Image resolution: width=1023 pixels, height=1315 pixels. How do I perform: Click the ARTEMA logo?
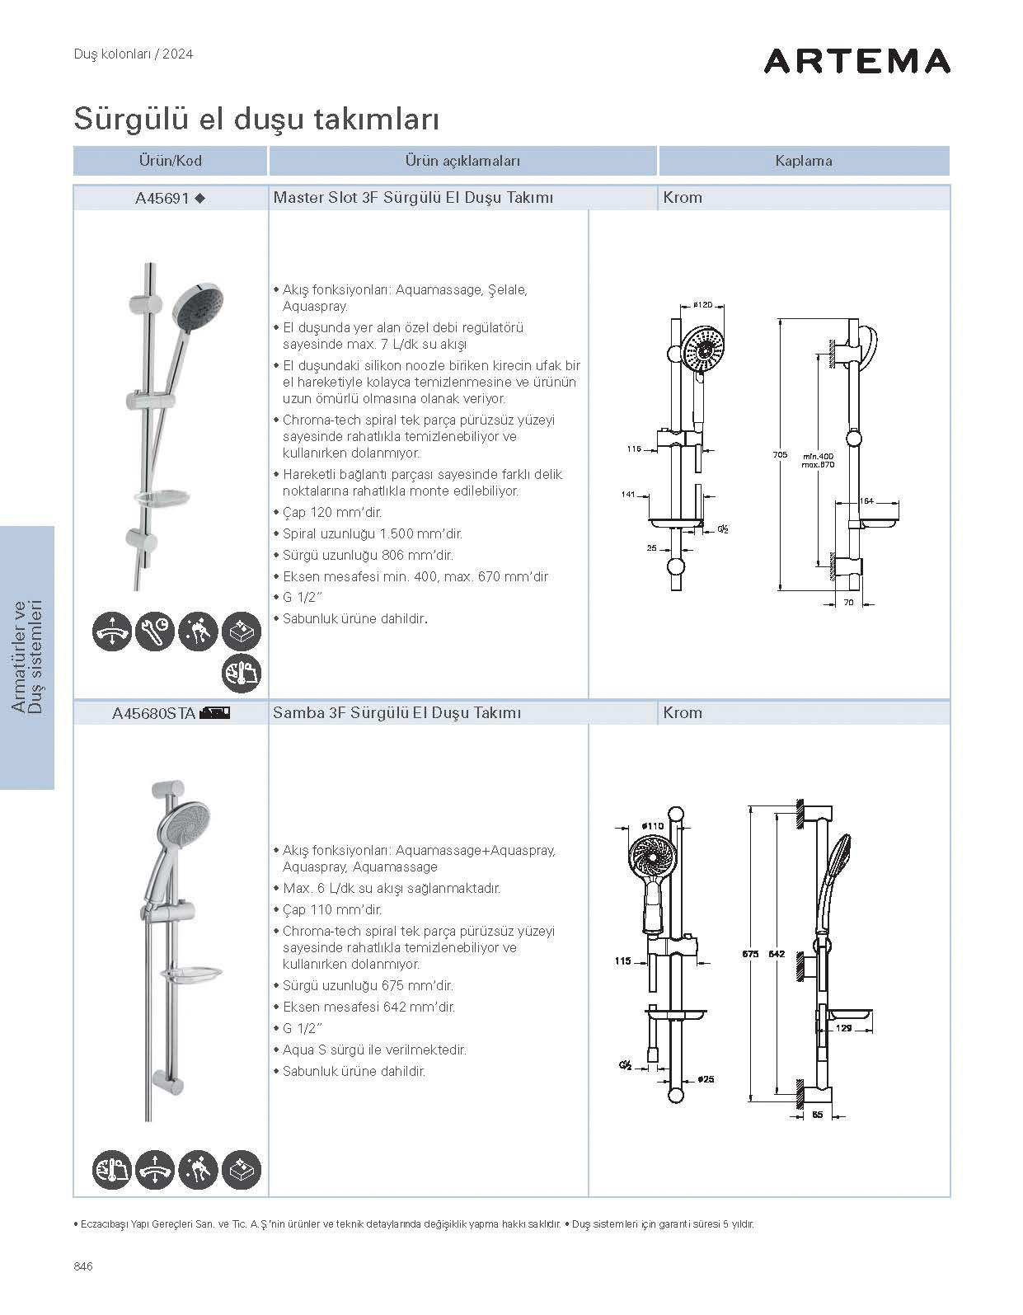856,61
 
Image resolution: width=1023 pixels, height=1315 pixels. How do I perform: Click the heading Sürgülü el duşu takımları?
256,119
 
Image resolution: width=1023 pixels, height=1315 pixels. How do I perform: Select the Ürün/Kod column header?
170,161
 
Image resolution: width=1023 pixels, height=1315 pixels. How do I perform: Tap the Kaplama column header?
803,161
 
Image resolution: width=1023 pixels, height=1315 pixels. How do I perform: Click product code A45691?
162,198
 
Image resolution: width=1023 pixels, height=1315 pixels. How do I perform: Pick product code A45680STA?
153,713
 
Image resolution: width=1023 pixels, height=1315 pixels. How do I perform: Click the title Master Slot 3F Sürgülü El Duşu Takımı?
413,198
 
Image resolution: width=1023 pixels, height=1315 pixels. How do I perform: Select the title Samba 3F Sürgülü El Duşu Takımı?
397,713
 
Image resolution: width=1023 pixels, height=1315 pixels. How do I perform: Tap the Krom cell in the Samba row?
683,713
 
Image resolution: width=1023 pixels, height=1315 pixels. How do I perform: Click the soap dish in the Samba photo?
191,975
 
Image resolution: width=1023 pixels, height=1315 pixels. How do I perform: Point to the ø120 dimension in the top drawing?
702,305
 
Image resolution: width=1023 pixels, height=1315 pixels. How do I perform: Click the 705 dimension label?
780,454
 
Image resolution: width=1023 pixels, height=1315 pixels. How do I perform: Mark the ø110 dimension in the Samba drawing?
652,825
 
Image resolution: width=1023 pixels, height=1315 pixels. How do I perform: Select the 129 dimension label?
843,1028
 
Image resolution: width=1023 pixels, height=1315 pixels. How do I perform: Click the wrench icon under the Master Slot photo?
155,632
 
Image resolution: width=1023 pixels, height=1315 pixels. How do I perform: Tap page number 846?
83,1266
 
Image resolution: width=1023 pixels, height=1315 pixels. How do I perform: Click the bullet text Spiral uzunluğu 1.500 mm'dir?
372,534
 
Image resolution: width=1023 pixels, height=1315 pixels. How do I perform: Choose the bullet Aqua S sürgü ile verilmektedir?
374,1050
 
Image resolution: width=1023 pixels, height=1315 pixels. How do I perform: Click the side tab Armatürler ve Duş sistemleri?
27,657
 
